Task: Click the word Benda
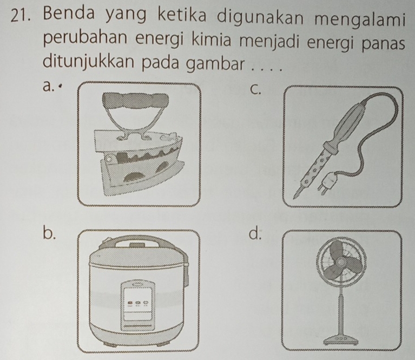(68, 15)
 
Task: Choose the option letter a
(48, 86)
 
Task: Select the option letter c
(255, 90)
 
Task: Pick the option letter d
(255, 233)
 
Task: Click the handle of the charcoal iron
(136, 101)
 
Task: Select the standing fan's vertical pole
(341, 311)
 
